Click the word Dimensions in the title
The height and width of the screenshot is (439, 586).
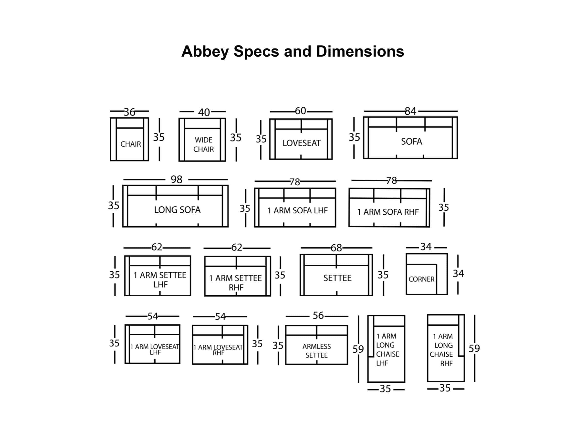coord(360,51)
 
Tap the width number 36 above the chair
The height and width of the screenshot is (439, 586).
coord(130,112)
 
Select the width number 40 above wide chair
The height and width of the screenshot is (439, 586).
coord(204,112)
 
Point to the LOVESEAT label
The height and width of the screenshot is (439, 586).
coord(302,143)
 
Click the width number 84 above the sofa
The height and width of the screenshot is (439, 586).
coord(410,111)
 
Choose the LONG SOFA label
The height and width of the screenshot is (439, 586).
coord(177,210)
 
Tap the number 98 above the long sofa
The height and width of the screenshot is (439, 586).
coord(177,180)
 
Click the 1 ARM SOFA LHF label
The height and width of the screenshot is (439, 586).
coord(297,211)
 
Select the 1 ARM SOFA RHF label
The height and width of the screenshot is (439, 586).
coord(388,212)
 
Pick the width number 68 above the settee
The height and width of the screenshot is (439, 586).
coord(336,248)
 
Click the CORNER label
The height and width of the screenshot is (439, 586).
coord(421,279)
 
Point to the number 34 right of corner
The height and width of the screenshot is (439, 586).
coord(459,273)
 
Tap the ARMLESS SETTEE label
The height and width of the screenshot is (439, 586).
coord(317,351)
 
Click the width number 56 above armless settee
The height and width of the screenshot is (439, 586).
coord(318,315)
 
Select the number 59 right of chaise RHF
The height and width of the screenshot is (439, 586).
coord(474,348)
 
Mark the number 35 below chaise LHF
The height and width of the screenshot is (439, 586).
coord(385,389)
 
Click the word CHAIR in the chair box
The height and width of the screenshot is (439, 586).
coord(131,144)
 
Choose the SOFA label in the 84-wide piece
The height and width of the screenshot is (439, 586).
coord(411,141)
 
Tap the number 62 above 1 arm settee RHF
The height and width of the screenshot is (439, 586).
coord(237,247)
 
